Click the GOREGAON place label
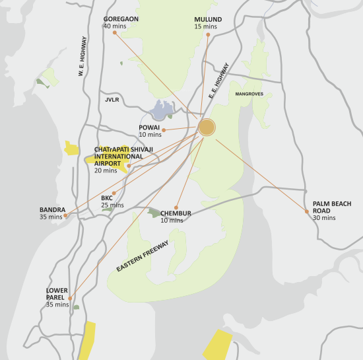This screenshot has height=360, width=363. (121, 19)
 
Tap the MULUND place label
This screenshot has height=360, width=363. (208, 19)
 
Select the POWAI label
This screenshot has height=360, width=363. (149, 127)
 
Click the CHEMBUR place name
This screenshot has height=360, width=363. (176, 213)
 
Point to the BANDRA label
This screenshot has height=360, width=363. (52, 209)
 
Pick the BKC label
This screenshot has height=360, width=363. (107, 198)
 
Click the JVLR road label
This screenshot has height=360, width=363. (111, 100)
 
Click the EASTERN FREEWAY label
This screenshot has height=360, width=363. (143, 257)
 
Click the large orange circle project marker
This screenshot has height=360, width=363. (207, 127)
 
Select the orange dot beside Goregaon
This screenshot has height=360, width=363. (114, 32)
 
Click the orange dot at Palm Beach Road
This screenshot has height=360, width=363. (307, 212)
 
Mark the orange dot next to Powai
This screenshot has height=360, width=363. (163, 129)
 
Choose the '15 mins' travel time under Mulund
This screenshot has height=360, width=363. (205, 26)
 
